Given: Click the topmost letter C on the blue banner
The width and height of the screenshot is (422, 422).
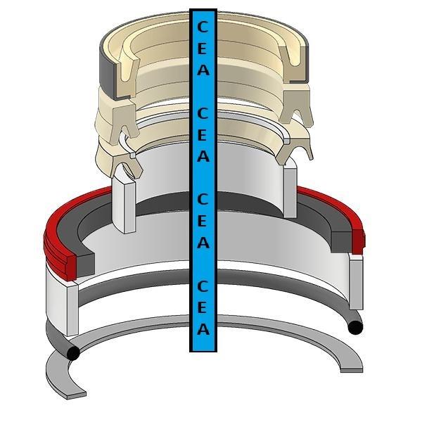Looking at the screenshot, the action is click(203, 27).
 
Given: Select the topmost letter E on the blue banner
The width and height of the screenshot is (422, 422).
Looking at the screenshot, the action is click(203, 49).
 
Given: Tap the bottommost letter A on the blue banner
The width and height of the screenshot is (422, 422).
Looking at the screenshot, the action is click(203, 328).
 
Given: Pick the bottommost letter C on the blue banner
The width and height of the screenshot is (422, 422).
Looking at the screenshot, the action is click(203, 286).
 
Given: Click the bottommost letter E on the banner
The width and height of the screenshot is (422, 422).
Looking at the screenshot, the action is click(203, 307).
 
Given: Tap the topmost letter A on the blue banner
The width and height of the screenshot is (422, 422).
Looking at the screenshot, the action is click(203, 70).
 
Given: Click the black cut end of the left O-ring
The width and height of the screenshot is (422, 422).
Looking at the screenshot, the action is click(73, 353).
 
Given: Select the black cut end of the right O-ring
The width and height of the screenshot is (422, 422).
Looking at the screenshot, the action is click(355, 328).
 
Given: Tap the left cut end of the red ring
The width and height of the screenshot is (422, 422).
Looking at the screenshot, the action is click(71, 268).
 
